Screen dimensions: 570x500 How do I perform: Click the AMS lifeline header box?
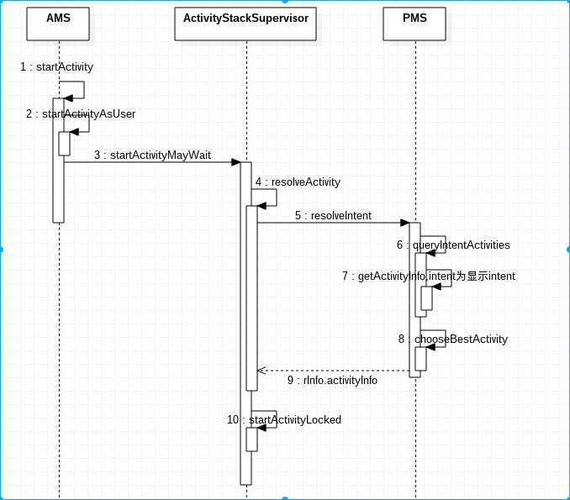[58, 24]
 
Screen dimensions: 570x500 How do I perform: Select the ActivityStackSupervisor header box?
[245, 24]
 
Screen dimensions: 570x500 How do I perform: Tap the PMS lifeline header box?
[414, 24]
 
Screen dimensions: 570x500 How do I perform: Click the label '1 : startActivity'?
[56, 67]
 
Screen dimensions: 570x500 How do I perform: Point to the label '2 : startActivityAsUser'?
[81, 114]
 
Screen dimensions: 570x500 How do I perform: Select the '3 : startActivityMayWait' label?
[153, 155]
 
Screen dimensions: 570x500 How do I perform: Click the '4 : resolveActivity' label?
[298, 182]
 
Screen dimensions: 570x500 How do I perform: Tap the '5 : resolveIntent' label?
[334, 216]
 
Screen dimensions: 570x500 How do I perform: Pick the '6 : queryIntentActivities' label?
[453, 245]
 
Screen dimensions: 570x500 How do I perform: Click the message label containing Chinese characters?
[429, 276]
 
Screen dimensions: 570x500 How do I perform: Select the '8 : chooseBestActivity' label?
[453, 339]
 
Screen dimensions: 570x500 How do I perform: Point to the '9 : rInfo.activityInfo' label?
[332, 381]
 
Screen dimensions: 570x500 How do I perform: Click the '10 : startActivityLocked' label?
[284, 420]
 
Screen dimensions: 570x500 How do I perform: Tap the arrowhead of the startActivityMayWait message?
[236, 162]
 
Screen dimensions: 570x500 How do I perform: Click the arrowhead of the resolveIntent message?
[405, 223]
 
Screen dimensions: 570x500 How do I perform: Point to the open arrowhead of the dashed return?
[261, 371]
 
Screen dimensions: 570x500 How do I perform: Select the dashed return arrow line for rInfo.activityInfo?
[334, 371]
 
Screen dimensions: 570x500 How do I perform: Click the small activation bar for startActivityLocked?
[251, 439]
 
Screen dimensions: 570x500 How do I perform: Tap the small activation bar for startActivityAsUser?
[65, 144]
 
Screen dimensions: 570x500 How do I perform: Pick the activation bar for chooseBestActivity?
[420, 359]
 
